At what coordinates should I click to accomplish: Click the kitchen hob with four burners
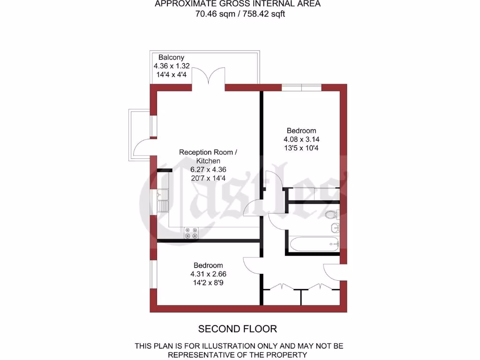point(192,233)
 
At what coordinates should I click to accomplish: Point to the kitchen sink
point(162,200)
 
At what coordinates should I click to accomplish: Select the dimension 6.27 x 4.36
point(208,170)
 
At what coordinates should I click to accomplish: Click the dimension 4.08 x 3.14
point(302,139)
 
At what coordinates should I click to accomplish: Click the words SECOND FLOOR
point(238,329)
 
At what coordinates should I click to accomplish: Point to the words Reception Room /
point(208,152)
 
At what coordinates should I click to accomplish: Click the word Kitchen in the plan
point(208,161)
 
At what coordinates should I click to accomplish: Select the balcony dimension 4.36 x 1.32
point(172,66)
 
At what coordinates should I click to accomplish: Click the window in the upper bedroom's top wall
point(301,87)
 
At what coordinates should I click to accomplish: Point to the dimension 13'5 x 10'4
point(302,148)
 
